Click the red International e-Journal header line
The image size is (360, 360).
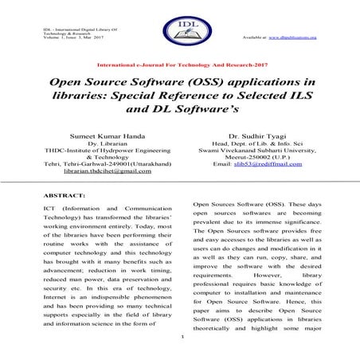pos(179,62)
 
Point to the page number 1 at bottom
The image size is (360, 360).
pos(183,336)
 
